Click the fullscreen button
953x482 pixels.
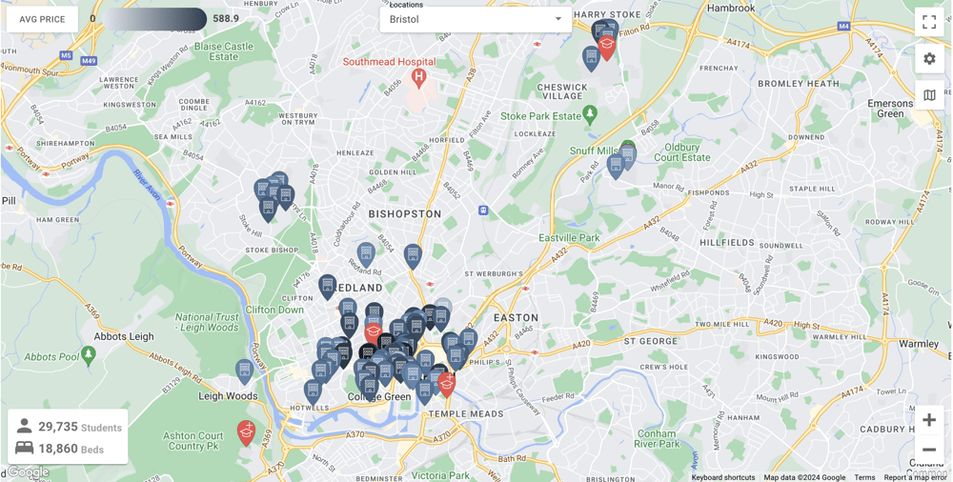pyautogui.click(x=929, y=22)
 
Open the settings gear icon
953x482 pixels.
pyautogui.click(x=929, y=59)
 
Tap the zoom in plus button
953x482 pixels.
pyautogui.click(x=929, y=420)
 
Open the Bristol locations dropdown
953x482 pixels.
pyautogui.click(x=476, y=20)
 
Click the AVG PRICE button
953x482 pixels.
pyautogui.click(x=42, y=19)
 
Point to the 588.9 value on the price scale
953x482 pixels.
pyautogui.click(x=226, y=19)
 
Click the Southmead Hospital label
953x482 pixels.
pyautogui.click(x=389, y=62)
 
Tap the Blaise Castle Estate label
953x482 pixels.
pyautogui.click(x=224, y=51)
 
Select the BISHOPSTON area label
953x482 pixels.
pyautogui.click(x=406, y=214)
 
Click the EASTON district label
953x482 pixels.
pyautogui.click(x=516, y=317)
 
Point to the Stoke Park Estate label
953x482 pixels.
pyautogui.click(x=540, y=116)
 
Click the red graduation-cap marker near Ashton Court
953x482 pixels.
pyautogui.click(x=246, y=432)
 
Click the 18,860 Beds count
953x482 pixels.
pyautogui.click(x=57, y=449)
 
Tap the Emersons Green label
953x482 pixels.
pyautogui.click(x=889, y=109)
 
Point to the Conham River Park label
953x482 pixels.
pyautogui.click(x=657, y=438)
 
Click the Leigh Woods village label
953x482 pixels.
pyautogui.click(x=228, y=396)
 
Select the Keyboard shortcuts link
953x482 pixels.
pyautogui.click(x=723, y=477)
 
